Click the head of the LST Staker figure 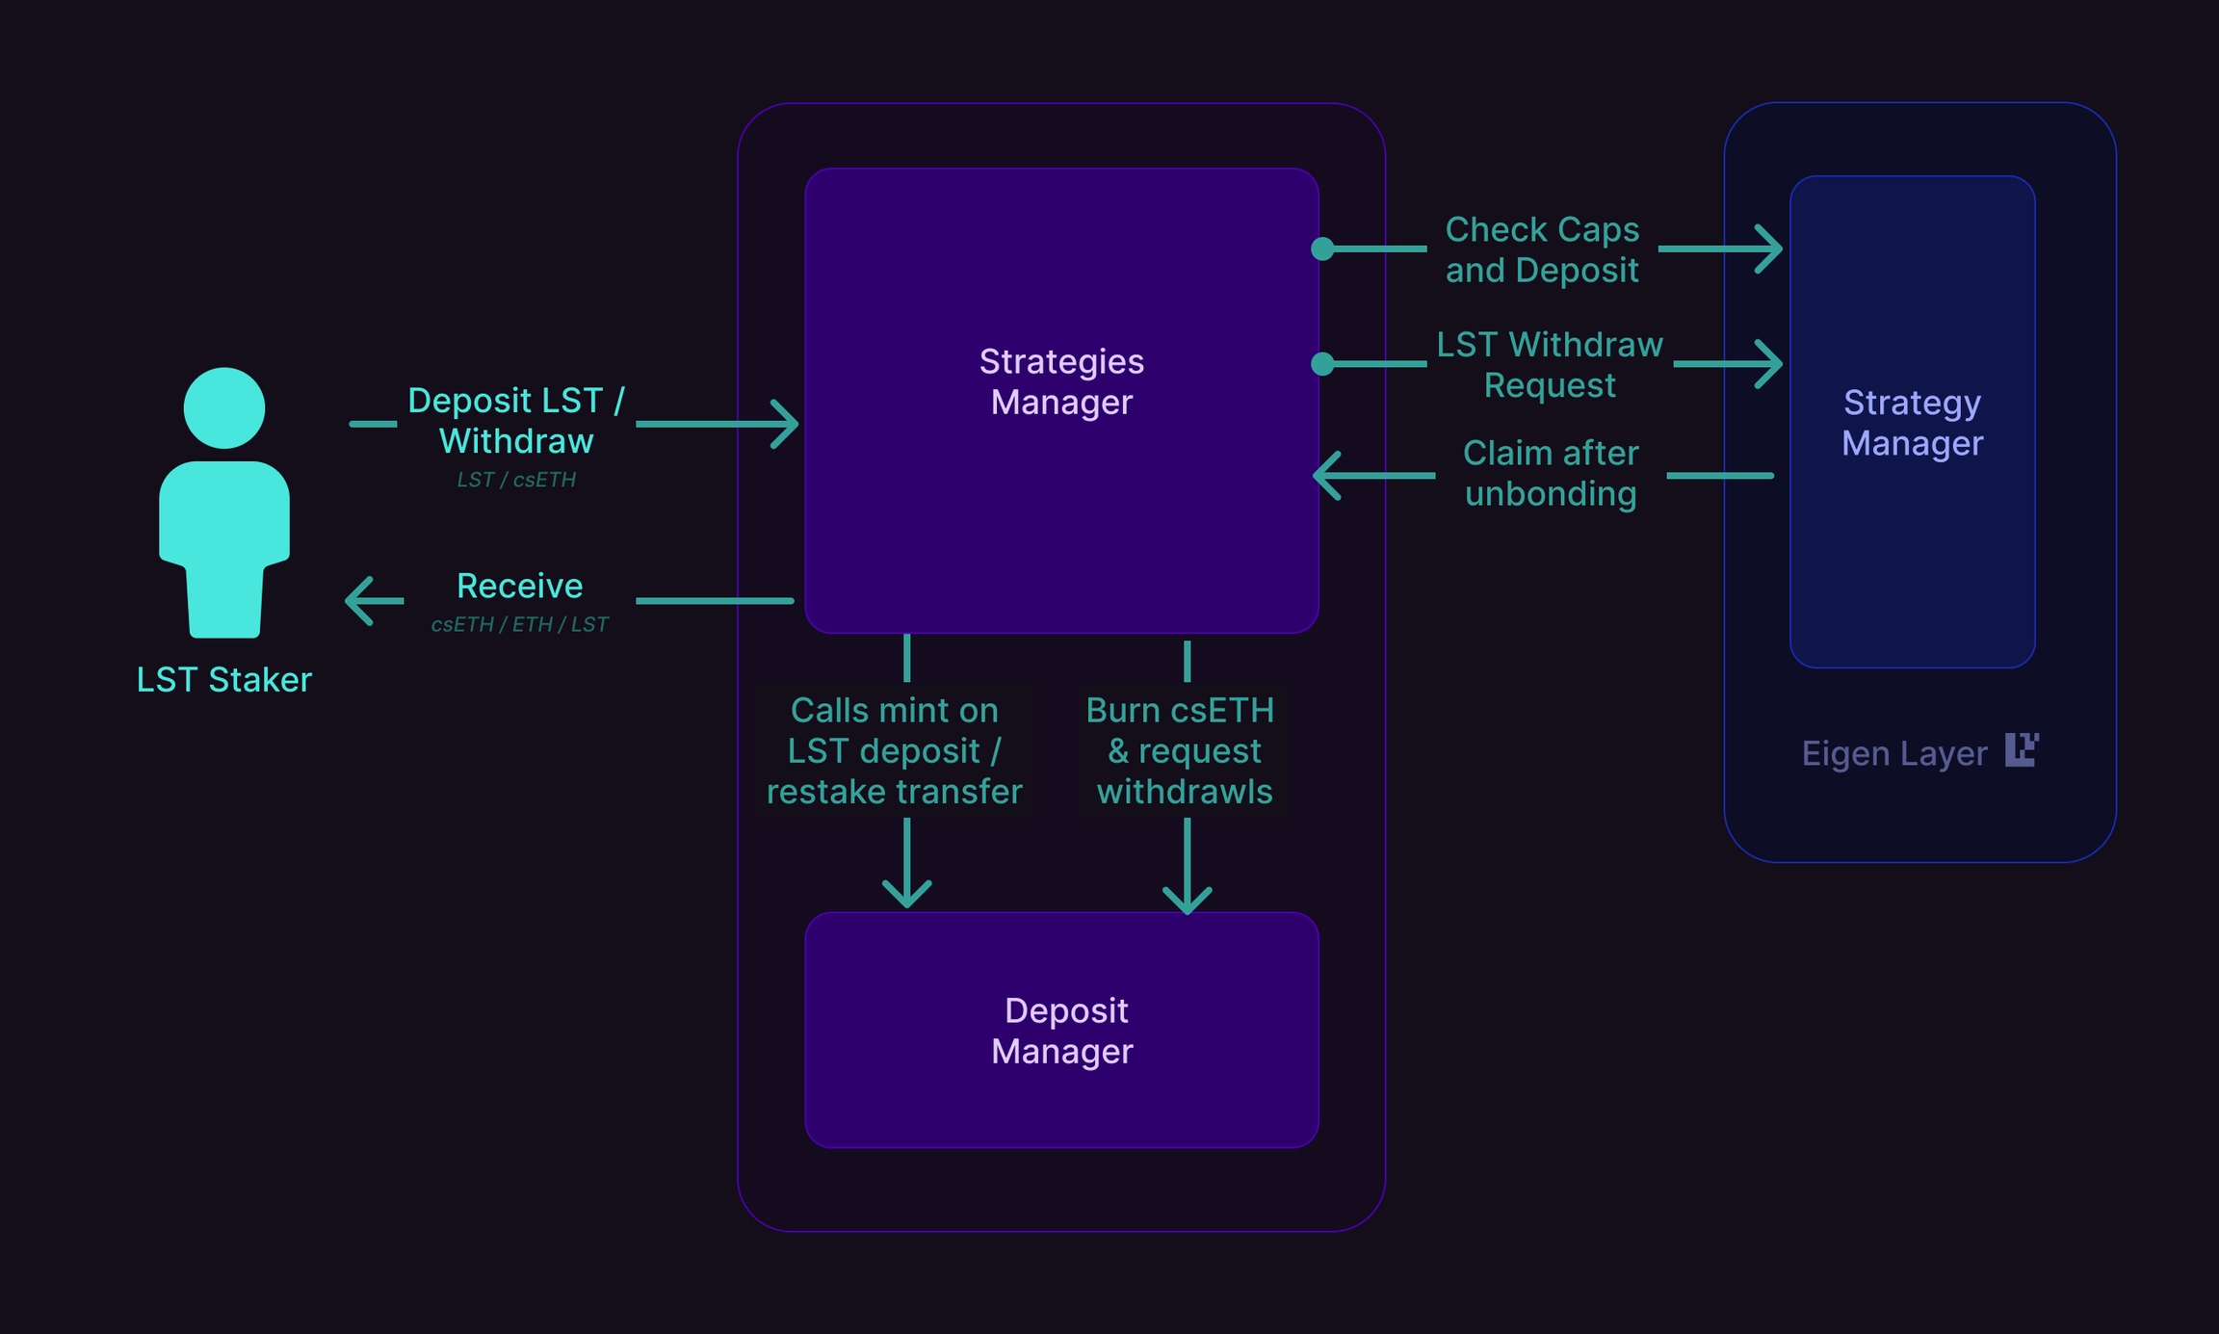click(x=224, y=407)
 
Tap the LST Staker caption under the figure click(x=224, y=680)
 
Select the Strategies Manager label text click(x=1061, y=381)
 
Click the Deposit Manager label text click(x=1063, y=1031)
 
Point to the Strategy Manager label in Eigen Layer click(x=1912, y=423)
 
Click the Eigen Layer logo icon click(x=2021, y=749)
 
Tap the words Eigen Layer click(x=1893, y=753)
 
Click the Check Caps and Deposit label click(x=1542, y=249)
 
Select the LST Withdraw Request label click(x=1550, y=364)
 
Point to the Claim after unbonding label click(x=1550, y=473)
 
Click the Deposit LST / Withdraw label click(x=516, y=420)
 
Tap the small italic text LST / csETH click(x=516, y=480)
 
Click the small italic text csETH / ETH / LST click(x=519, y=624)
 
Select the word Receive click(x=519, y=586)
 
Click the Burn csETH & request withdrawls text click(x=1183, y=750)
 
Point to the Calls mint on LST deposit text click(x=894, y=750)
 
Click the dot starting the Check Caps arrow click(x=1323, y=249)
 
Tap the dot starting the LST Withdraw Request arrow click(x=1323, y=364)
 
